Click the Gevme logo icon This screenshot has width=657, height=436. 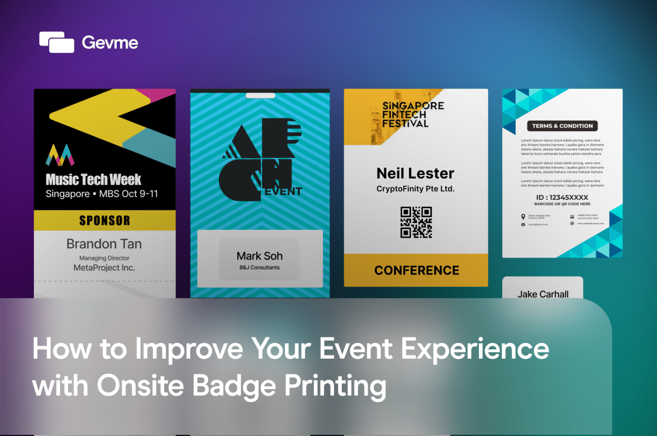(56, 42)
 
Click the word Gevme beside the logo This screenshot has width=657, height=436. (110, 42)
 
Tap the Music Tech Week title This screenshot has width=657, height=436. (93, 180)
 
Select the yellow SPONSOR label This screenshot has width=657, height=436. (104, 221)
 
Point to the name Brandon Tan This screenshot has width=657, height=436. (104, 244)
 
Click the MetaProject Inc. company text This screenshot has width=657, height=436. (104, 268)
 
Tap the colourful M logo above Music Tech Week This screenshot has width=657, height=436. (60, 155)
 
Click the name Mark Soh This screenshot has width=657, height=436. (260, 256)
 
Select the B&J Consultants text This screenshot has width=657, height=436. (260, 268)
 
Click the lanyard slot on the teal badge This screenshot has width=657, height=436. (260, 96)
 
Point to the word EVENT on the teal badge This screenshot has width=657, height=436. (283, 191)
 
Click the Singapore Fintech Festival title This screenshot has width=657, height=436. (412, 115)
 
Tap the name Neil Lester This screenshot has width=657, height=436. (415, 174)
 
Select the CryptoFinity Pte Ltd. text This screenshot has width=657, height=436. (415, 189)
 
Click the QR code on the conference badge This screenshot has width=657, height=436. (416, 222)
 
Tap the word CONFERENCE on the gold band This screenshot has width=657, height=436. (417, 271)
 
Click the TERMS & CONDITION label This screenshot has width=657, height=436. (562, 126)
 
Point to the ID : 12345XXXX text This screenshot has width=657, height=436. (562, 197)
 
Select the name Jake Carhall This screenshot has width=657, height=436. (543, 294)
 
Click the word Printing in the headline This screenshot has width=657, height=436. (335, 386)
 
